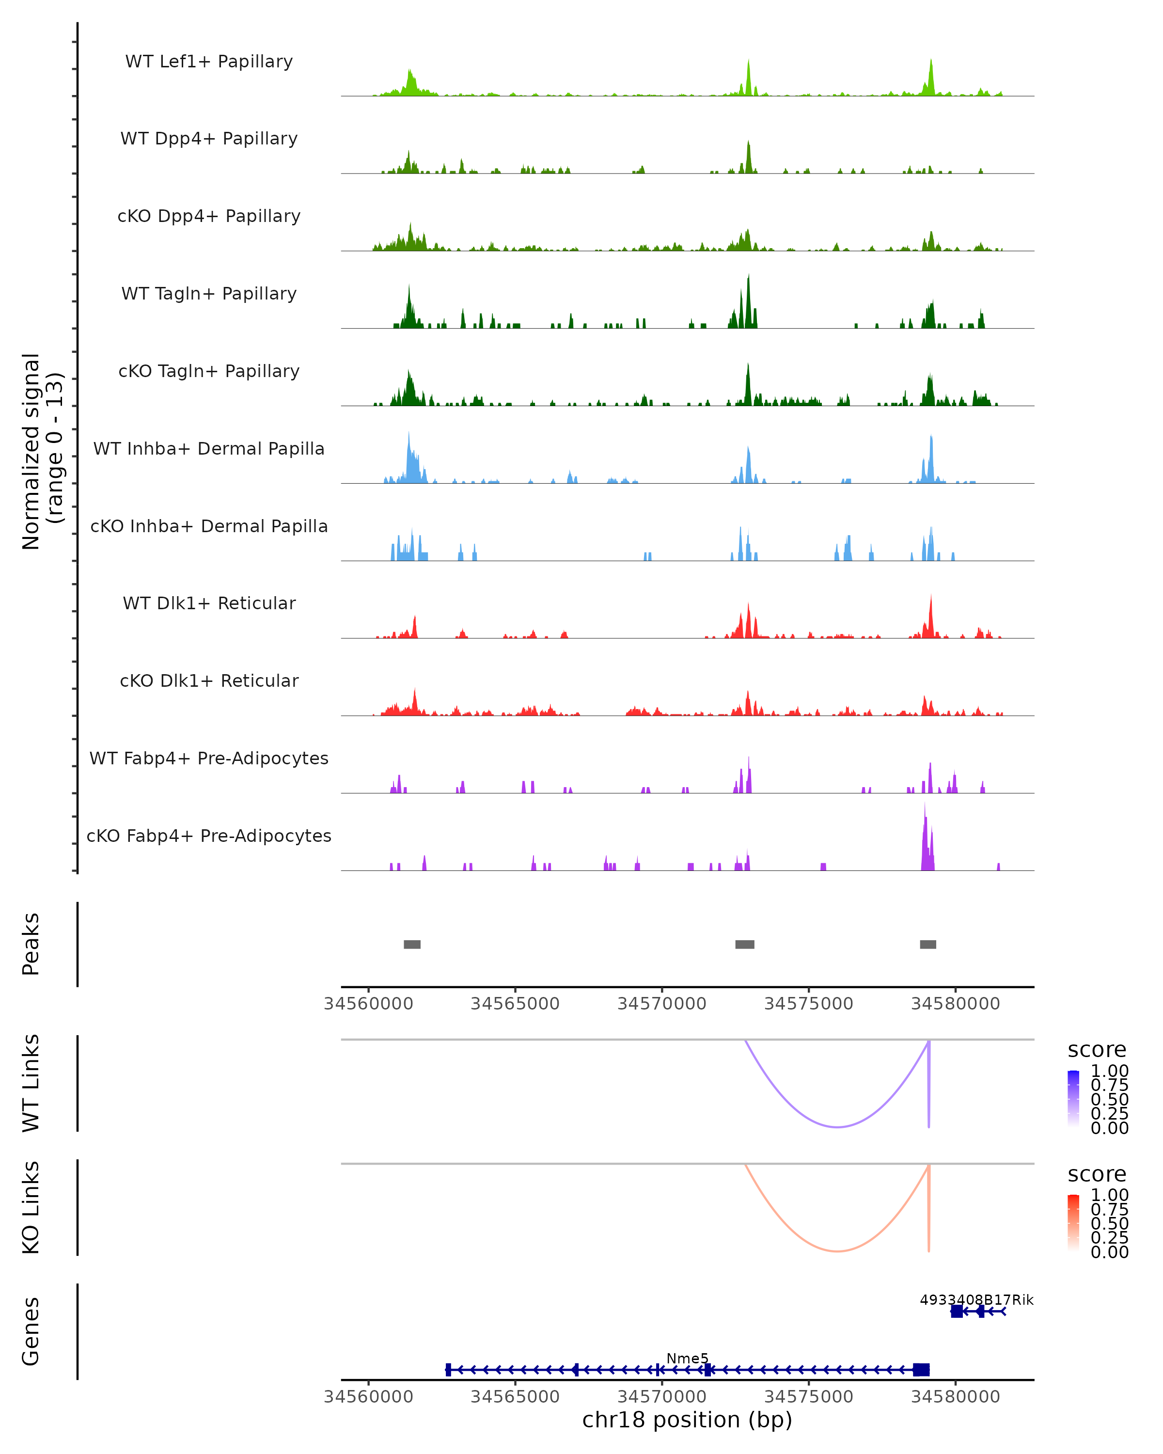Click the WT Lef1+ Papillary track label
(209, 62)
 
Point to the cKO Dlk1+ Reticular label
(209, 680)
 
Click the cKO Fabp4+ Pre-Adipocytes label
(209, 836)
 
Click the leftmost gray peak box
(412, 944)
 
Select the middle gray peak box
(744, 944)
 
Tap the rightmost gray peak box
(927, 944)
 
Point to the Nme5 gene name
(687, 1358)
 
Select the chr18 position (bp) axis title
(687, 1420)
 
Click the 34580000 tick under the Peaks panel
(955, 1004)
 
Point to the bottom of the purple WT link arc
(837, 1127)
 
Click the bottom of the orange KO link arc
(837, 1251)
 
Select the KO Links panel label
(31, 1207)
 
